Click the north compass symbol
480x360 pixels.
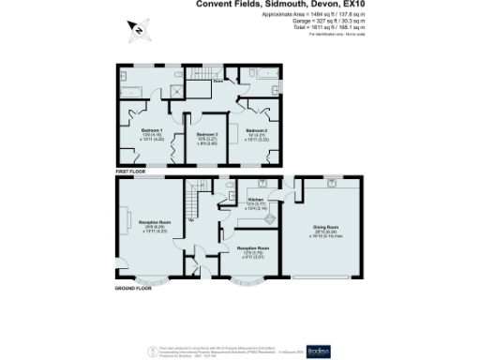[137, 31]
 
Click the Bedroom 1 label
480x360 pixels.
[152, 129]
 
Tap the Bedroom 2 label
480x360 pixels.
[257, 129]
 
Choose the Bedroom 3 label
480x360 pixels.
[207, 135]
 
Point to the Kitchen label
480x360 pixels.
[254, 200]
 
